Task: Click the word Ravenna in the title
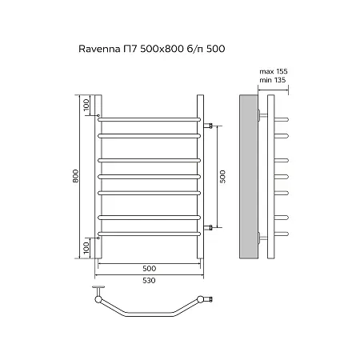(99, 49)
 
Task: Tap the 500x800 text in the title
(162, 49)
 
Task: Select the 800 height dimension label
(76, 176)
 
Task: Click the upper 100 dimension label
(86, 106)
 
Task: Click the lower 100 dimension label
(86, 248)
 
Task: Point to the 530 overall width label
(149, 281)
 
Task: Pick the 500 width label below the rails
(149, 268)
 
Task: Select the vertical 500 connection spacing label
(222, 176)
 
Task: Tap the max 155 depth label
(274, 71)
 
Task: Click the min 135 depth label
(273, 80)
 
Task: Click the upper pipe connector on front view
(208, 126)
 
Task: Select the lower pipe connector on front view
(208, 227)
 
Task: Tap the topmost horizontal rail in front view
(149, 119)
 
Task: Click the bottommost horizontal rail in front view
(149, 234)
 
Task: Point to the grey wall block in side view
(249, 177)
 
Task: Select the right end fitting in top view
(205, 299)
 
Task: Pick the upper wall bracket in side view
(262, 115)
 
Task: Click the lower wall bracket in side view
(262, 238)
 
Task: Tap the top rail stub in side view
(282, 119)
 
